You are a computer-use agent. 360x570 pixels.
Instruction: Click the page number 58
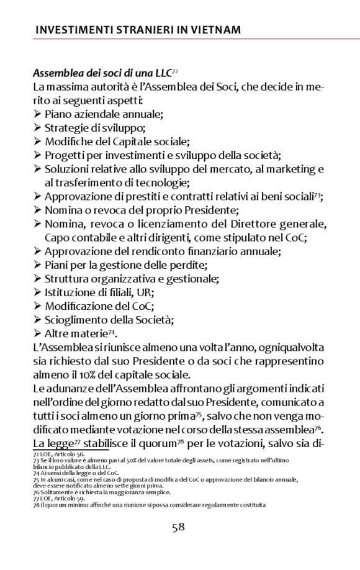tap(179, 527)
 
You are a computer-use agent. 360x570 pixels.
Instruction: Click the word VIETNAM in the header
tap(212, 30)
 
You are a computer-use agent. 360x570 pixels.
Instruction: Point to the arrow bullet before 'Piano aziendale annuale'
tap(38, 114)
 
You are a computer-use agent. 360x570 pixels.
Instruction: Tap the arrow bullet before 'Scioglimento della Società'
tap(38, 320)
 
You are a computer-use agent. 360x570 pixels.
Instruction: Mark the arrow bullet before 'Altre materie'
tap(38, 334)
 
